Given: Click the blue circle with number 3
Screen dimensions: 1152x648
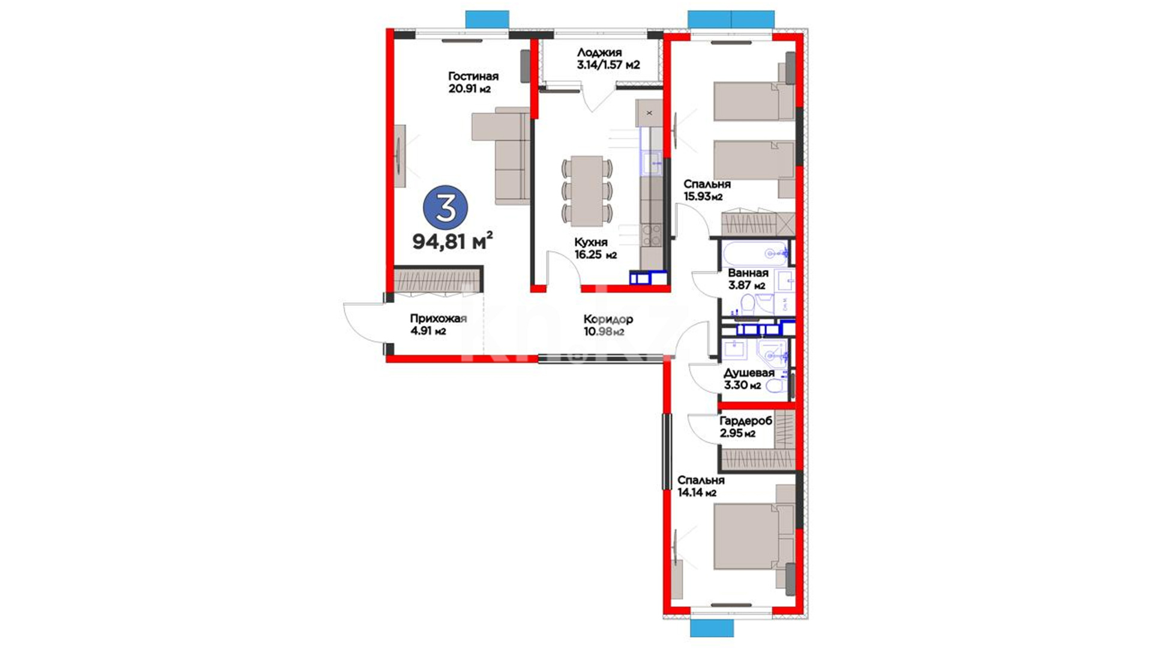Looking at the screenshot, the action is tap(445, 207).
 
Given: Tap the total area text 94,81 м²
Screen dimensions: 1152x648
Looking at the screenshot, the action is tap(452, 241).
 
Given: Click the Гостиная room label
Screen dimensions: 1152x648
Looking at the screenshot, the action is tap(473, 76).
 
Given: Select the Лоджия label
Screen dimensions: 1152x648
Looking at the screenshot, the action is tap(599, 52).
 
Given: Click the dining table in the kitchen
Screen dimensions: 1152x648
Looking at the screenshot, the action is tap(587, 191).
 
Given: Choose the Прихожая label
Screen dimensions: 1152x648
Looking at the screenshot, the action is tap(439, 319).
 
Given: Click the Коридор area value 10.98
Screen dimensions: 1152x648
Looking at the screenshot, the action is tap(598, 331).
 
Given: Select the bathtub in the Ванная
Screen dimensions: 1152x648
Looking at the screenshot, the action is tap(755, 254).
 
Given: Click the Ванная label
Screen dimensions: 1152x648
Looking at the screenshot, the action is tap(748, 273).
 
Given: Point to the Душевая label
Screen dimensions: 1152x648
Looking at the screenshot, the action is tap(749, 373).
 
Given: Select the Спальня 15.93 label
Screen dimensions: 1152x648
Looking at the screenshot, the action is tap(707, 190).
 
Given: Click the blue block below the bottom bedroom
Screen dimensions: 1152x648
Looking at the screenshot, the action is tap(712, 628).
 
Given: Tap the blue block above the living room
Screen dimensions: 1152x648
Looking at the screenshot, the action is tap(487, 19).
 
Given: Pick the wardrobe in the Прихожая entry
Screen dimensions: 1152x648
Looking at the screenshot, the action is tap(438, 281).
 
